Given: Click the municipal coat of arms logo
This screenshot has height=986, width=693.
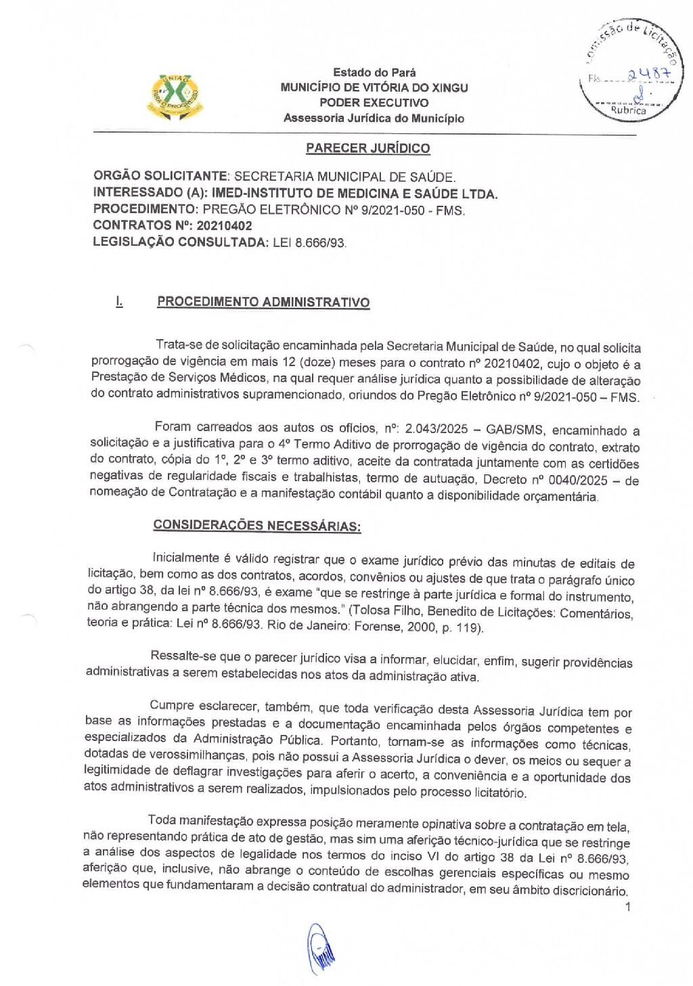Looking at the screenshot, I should pyautogui.click(x=175, y=96).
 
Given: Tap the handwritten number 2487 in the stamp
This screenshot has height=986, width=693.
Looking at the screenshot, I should pyautogui.click(x=648, y=76).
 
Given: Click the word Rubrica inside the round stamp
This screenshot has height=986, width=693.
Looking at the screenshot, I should pyautogui.click(x=628, y=110).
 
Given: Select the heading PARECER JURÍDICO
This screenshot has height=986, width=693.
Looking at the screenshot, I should pyautogui.click(x=367, y=148).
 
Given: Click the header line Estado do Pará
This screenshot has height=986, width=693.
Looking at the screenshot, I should pyautogui.click(x=374, y=72).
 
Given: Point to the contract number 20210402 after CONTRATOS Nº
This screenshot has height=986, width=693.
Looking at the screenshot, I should pyautogui.click(x=224, y=225).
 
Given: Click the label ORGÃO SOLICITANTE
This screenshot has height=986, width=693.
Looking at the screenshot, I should pyautogui.click(x=161, y=177).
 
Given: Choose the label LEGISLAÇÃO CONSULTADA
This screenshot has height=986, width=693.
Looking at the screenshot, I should pyautogui.click(x=180, y=242).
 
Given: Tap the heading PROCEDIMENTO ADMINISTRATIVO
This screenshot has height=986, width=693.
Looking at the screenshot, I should pyautogui.click(x=263, y=302).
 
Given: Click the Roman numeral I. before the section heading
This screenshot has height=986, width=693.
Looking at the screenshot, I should pyautogui.click(x=119, y=302).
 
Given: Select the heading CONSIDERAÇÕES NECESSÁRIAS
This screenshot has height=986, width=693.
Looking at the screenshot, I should pyautogui.click(x=256, y=525).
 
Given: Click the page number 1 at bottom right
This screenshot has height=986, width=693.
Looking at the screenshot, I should pyautogui.click(x=628, y=907).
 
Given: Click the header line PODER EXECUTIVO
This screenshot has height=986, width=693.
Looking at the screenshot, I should pyautogui.click(x=374, y=103).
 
